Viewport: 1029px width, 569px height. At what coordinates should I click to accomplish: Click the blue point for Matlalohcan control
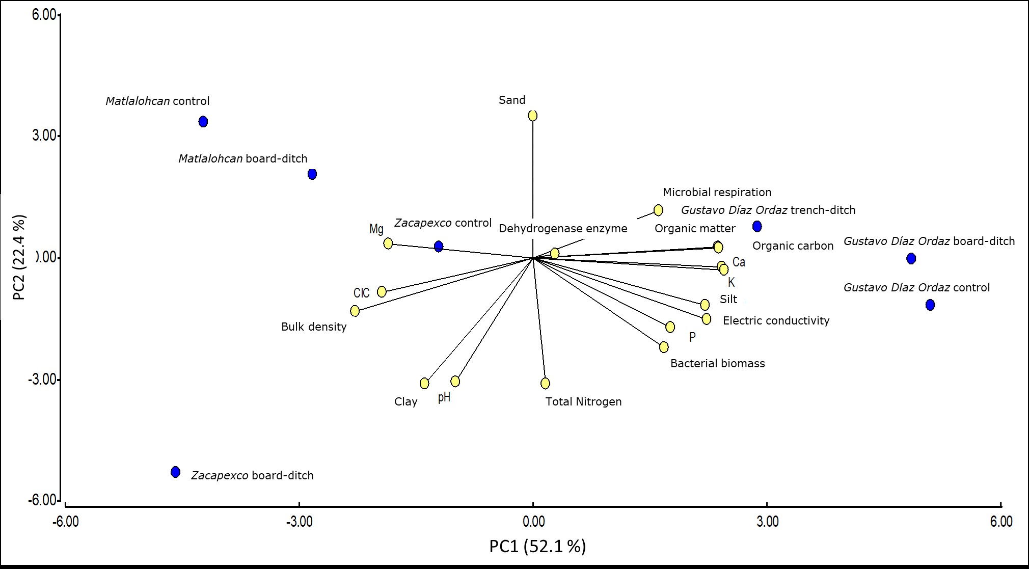pyautogui.click(x=203, y=122)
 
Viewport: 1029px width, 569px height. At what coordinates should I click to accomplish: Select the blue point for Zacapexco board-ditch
pyautogui.click(x=176, y=472)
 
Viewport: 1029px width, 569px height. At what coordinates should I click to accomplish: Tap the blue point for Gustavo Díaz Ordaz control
pyautogui.click(x=930, y=305)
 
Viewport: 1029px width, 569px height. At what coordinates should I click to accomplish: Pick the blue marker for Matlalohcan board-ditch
pyautogui.click(x=312, y=174)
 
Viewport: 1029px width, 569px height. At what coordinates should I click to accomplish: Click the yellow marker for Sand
pyautogui.click(x=533, y=116)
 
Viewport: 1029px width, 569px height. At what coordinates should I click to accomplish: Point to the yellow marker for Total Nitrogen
pyautogui.click(x=546, y=383)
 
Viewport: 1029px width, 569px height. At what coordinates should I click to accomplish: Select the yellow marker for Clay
pyautogui.click(x=424, y=383)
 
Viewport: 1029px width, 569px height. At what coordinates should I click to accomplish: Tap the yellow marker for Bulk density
pyautogui.click(x=355, y=311)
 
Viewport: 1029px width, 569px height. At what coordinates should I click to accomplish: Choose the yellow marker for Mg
pyautogui.click(x=388, y=243)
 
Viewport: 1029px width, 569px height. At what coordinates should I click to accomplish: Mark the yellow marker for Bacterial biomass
pyautogui.click(x=664, y=347)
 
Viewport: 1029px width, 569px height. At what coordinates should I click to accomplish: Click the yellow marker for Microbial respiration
pyautogui.click(x=658, y=210)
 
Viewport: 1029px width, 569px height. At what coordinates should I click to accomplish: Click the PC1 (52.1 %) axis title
pyautogui.click(x=537, y=546)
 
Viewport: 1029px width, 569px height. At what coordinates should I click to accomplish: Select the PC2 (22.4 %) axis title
pyautogui.click(x=19, y=258)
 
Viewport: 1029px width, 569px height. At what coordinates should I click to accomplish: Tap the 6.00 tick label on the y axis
pyautogui.click(x=44, y=15)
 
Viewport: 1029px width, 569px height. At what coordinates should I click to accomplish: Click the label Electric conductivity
pyautogui.click(x=776, y=321)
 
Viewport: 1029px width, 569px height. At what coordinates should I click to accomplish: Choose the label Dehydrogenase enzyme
pyautogui.click(x=563, y=228)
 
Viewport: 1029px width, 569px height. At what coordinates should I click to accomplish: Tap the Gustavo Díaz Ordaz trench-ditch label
pyautogui.click(x=768, y=210)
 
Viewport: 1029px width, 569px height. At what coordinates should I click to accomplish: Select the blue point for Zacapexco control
pyautogui.click(x=439, y=247)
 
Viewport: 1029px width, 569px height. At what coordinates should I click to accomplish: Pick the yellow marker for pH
pyautogui.click(x=455, y=382)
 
